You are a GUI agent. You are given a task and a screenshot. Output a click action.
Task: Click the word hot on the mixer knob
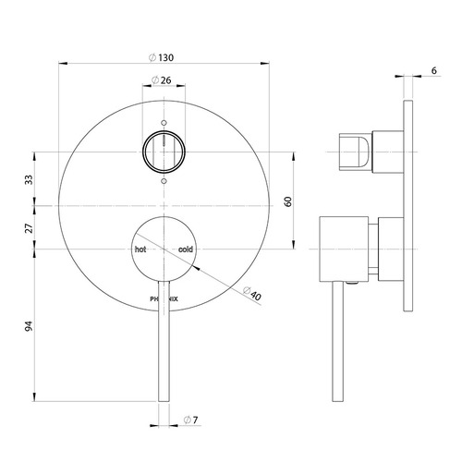coord(141,249)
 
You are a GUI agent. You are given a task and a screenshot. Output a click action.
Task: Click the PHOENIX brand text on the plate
coord(163,298)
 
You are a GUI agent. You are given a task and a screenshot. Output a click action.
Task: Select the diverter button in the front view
coord(164,151)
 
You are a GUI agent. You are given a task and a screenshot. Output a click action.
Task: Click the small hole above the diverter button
coord(164,122)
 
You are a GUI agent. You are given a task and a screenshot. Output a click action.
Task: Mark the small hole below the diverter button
coord(164,181)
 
